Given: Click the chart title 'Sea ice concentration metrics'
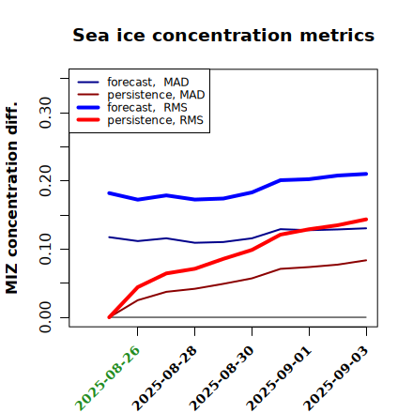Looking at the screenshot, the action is tap(223, 35).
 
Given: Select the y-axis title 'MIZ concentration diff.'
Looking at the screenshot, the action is tap(11, 198).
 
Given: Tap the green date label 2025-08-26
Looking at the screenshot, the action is tap(108, 378).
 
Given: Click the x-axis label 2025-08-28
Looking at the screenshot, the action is tap(165, 378).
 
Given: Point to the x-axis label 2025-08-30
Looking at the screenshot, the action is tap(222, 378).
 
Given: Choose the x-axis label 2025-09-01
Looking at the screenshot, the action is tap(280, 378).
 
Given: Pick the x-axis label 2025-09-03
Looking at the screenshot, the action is tap(337, 378).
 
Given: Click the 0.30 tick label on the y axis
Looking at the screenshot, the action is tap(45, 113).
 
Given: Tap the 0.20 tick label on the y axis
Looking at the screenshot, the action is tap(45, 181).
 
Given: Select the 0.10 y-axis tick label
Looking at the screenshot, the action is tap(45, 249).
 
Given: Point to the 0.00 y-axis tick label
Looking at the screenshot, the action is tap(45, 317).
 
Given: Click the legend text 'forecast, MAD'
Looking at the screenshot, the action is tap(148, 82).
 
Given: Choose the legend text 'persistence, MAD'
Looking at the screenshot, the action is tap(156, 95).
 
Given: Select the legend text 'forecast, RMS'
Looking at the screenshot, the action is tap(147, 107).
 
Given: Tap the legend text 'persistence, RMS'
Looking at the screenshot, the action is tap(155, 120).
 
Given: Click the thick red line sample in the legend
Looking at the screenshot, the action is tap(88, 120).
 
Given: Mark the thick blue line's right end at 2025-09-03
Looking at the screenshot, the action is tap(366, 174).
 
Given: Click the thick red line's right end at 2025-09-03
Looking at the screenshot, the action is tap(366, 220).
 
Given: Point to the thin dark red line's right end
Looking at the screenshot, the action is tap(366, 260).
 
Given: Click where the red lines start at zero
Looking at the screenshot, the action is tap(109, 317).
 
